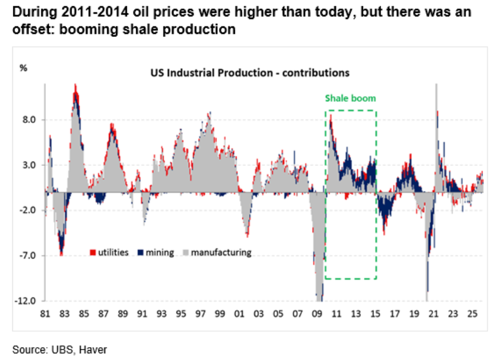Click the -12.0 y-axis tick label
tap(26, 302)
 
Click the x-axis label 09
tap(317, 315)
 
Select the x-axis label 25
tap(472, 315)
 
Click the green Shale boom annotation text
tap(350, 98)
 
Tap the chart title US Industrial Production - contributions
tap(250, 72)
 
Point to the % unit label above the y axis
tap(23, 68)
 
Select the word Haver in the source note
tap(88, 350)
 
